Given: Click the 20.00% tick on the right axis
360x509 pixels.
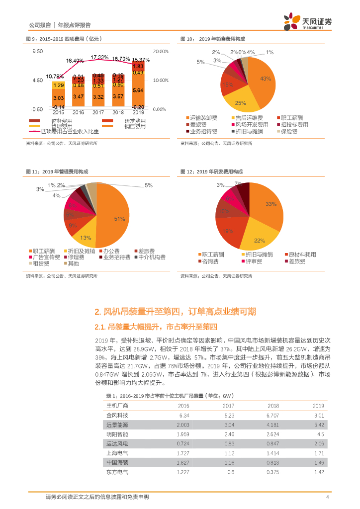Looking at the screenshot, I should click(162, 51).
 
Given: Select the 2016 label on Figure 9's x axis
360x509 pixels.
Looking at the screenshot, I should click(78, 113).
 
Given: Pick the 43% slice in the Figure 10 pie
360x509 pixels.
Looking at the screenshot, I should click(262, 80).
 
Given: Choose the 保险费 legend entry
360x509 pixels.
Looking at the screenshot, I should click(288, 132).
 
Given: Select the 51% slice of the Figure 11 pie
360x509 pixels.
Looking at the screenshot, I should click(117, 219).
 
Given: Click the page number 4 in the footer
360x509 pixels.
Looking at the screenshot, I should click(327, 497).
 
